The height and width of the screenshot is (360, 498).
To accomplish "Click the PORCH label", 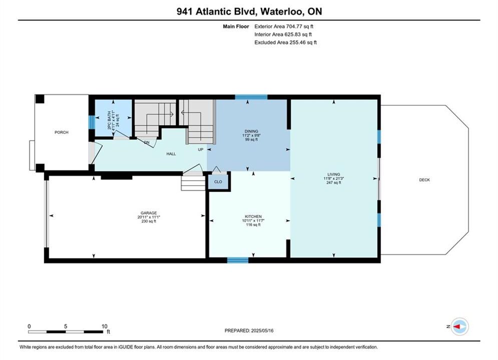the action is coord(61,132).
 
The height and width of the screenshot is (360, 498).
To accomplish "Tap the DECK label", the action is coord(424,180).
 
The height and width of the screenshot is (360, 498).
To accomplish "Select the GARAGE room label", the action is coord(149,213).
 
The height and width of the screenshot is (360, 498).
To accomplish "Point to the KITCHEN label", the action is coord(253,216).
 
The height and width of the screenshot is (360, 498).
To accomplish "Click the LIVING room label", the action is coord(333,174).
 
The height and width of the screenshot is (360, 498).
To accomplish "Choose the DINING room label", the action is coord(251,131).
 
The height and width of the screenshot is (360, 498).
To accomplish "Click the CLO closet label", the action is coord(218,181).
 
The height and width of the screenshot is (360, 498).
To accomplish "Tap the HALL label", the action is coord(171,154).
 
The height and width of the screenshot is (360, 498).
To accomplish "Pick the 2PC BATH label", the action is coord(110,120).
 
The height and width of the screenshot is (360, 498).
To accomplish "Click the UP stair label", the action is coord(200,149).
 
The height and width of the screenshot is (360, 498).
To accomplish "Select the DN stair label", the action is coord(147,142).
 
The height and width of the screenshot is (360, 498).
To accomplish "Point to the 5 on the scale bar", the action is coord(66,326).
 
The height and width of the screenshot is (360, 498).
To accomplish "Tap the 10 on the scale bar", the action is coord(104,326).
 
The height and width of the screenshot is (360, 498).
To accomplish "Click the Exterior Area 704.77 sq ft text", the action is coord(284,26).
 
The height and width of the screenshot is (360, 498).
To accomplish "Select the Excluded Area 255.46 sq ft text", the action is coord(285,42).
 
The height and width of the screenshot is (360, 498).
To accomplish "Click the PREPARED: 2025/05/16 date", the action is coord(249,330).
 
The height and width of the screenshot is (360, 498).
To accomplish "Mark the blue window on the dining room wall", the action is coord(251,97).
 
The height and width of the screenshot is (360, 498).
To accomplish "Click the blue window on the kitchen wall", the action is coord(238,260).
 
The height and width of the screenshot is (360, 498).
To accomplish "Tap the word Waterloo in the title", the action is coord(282,11).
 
